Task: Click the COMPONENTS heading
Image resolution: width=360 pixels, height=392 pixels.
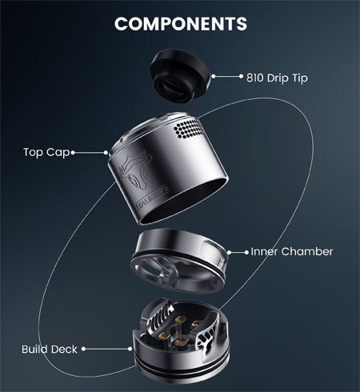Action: pos(181,23)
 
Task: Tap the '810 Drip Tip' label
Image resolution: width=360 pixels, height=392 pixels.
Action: pos(277,78)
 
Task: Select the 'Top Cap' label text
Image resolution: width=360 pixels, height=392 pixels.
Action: pos(46,153)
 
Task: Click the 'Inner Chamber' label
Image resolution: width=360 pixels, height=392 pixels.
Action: pos(292,252)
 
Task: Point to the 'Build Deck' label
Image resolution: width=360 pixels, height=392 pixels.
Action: pos(50,350)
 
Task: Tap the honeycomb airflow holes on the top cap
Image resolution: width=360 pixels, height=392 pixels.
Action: pos(189,129)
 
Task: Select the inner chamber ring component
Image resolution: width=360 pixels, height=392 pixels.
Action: pos(180,262)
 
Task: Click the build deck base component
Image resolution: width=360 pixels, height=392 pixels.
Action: pos(181,342)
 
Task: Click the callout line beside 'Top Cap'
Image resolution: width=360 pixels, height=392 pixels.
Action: pos(90,153)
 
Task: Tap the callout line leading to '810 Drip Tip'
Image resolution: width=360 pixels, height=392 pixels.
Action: pos(227,77)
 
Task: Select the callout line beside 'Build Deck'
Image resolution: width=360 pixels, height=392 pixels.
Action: pos(106,349)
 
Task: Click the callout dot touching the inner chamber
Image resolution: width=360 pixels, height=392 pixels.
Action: pos(230,252)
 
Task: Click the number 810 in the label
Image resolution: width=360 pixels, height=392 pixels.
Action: pos(255,78)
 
